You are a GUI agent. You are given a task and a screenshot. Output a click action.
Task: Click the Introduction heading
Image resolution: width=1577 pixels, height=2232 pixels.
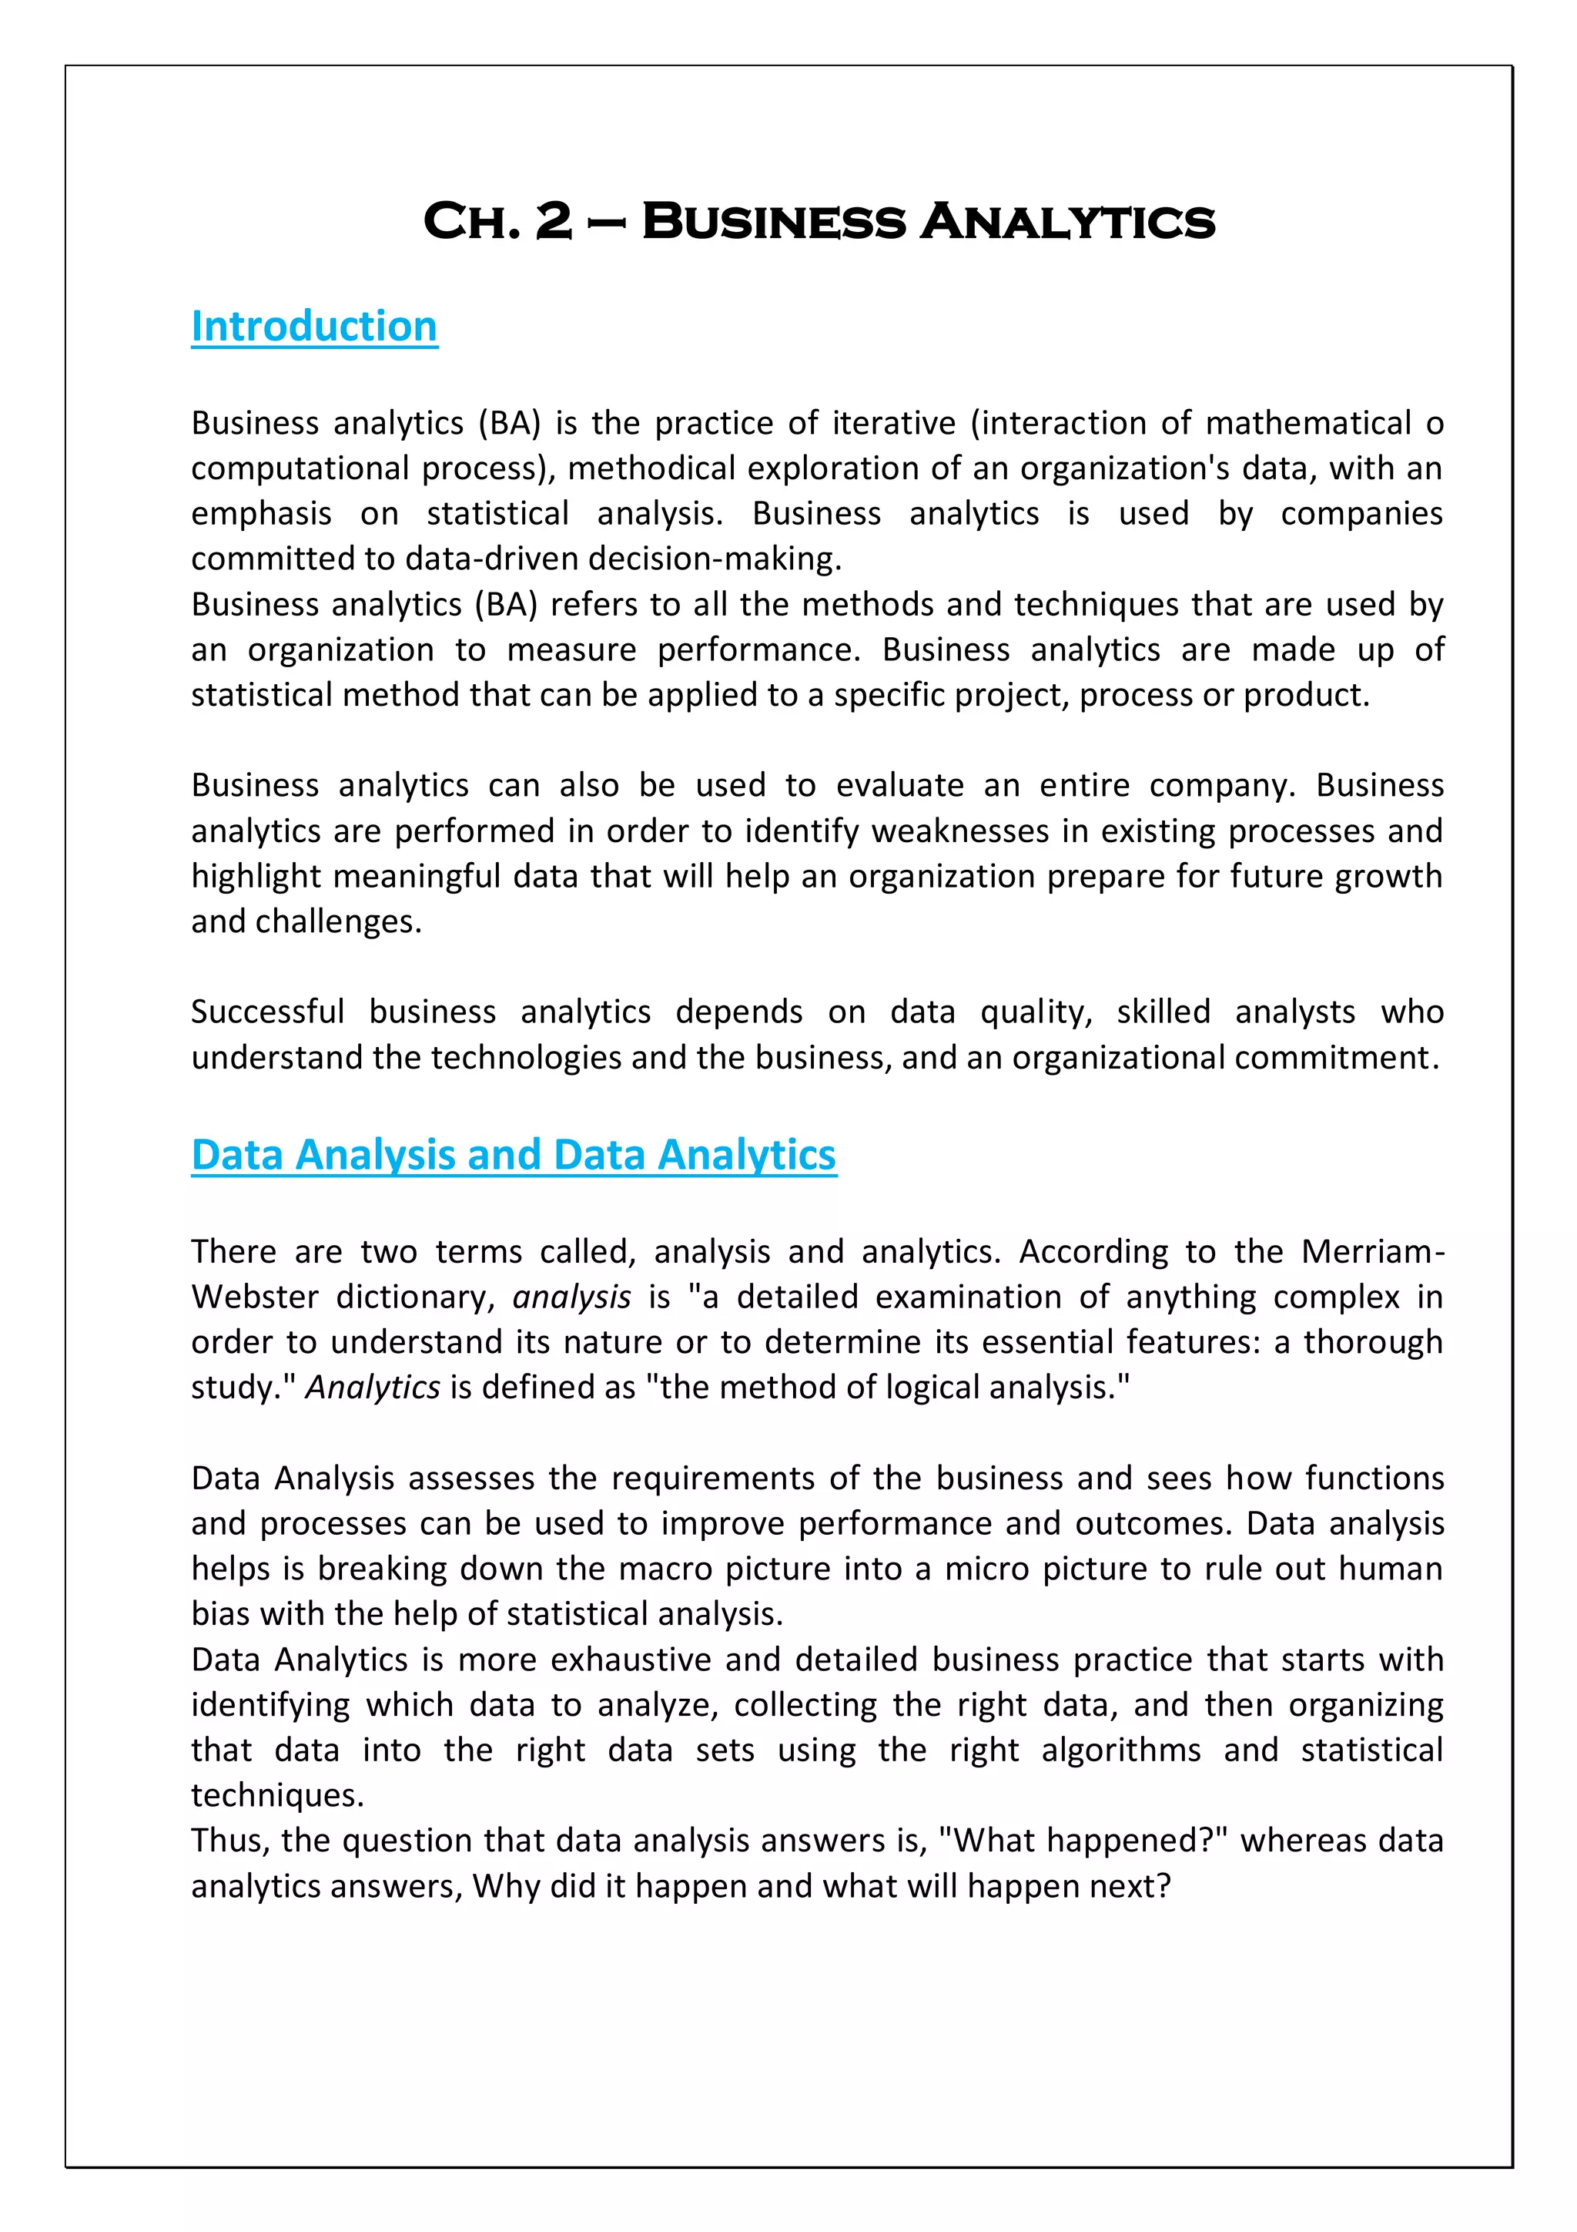(314, 327)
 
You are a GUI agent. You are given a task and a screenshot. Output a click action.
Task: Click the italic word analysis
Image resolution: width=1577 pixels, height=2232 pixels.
(571, 1297)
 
